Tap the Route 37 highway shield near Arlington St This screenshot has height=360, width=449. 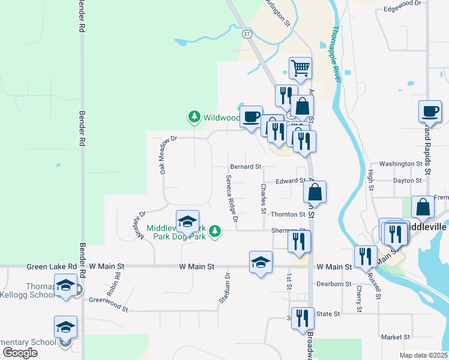click(x=247, y=34)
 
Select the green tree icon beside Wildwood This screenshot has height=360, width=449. click(x=194, y=117)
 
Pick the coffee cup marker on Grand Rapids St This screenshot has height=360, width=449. click(x=430, y=111)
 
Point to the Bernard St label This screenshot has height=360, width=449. click(x=246, y=166)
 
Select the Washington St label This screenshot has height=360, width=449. click(x=401, y=164)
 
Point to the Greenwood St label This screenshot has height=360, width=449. click(x=108, y=304)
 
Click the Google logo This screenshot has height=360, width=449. click(x=20, y=353)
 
